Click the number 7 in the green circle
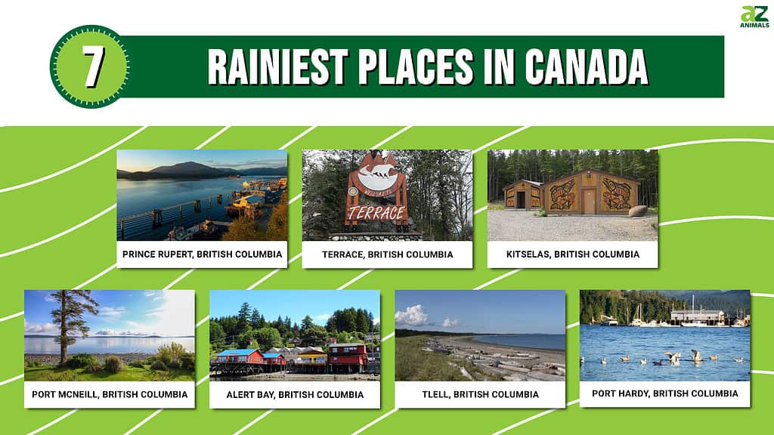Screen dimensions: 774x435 (92, 66)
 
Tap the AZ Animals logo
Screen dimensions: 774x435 (754, 17)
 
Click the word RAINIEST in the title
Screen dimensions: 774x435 (278, 67)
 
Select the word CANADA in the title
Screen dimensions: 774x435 (586, 67)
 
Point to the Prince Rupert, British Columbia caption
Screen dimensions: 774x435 (203, 255)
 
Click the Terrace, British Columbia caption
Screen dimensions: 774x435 (388, 255)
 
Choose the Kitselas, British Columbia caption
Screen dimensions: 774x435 (573, 255)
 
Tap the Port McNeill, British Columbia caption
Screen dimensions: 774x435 (110, 394)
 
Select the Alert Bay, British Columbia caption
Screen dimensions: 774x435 (296, 394)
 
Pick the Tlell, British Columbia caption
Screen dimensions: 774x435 (480, 394)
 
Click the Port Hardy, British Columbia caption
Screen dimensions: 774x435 (665, 393)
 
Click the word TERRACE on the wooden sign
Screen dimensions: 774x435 (376, 213)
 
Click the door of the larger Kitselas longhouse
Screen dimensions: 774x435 (588, 201)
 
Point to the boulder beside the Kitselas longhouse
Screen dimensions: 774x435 (638, 211)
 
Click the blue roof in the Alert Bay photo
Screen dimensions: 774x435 (240, 353)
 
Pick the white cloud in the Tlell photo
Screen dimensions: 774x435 (412, 316)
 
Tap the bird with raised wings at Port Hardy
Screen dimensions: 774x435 (695, 355)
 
